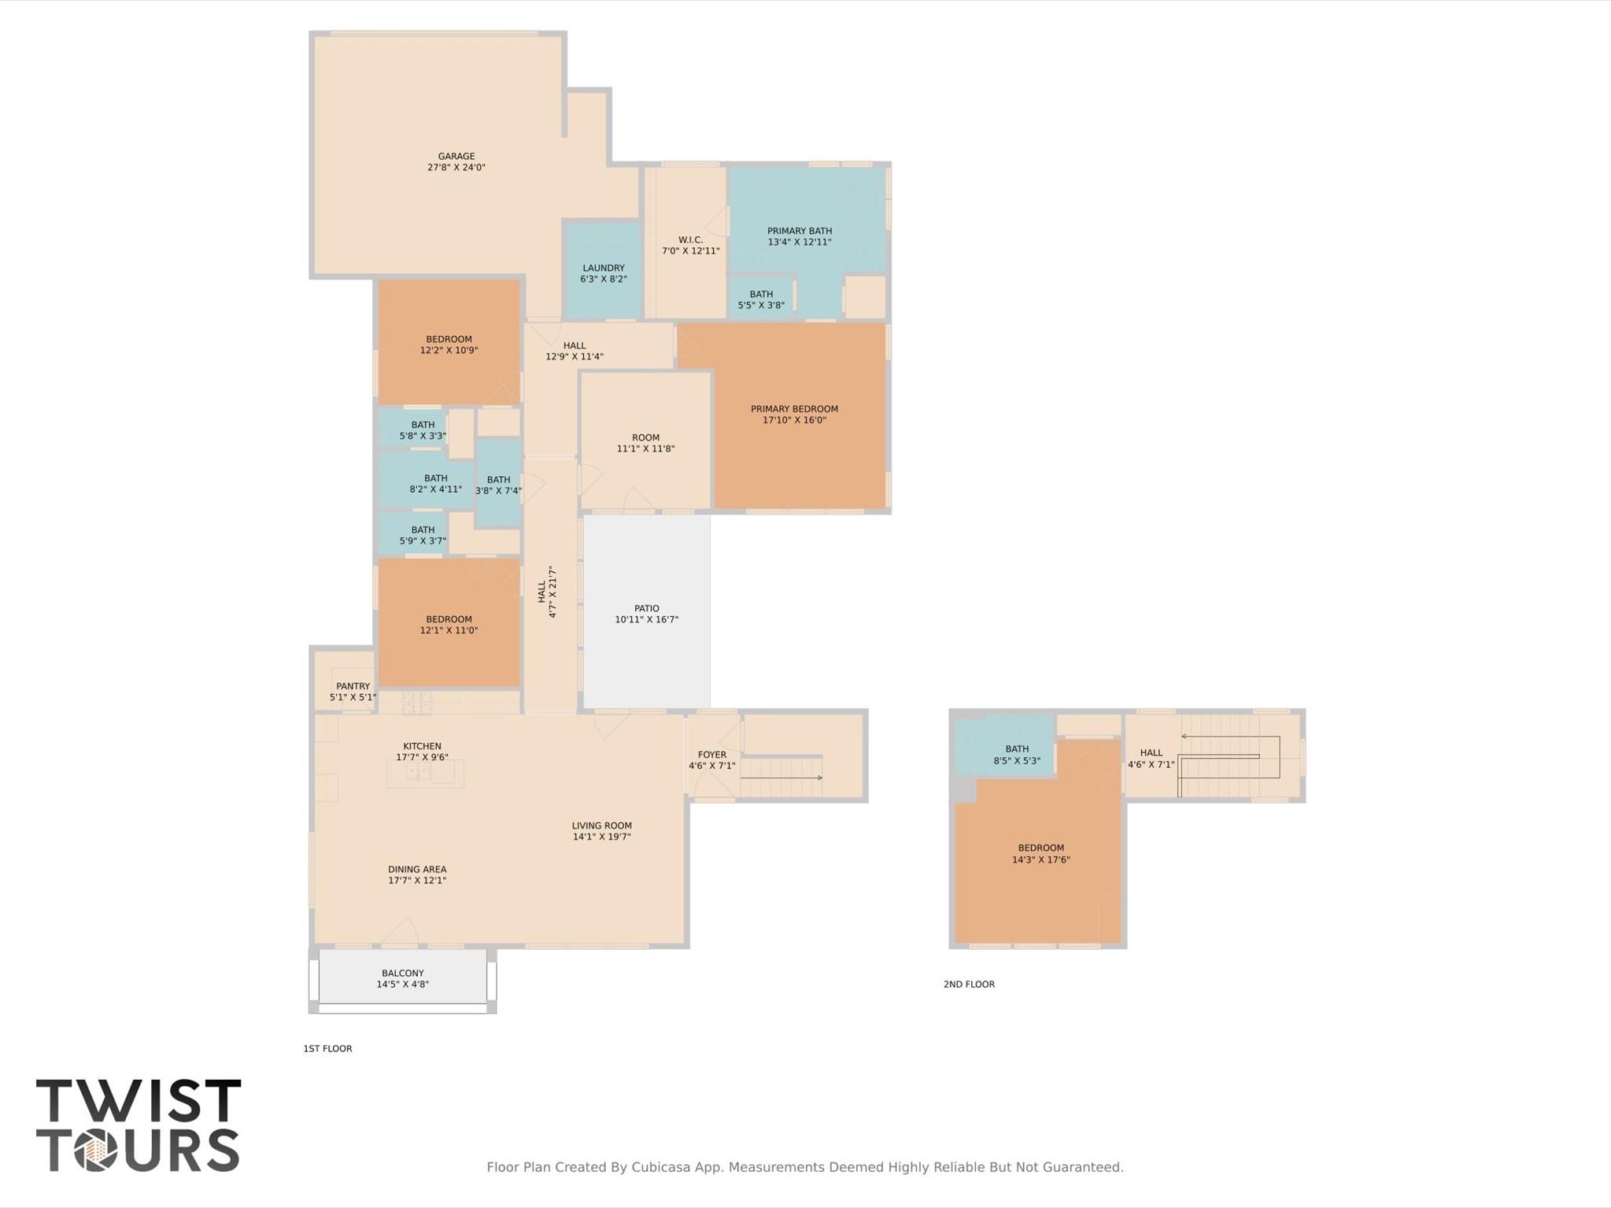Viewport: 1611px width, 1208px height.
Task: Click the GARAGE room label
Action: pyautogui.click(x=456, y=157)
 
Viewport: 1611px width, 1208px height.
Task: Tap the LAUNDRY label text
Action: pyautogui.click(x=603, y=268)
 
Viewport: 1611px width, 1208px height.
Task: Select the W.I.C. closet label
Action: pyautogui.click(x=690, y=240)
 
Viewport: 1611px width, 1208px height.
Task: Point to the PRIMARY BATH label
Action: pyautogui.click(x=799, y=231)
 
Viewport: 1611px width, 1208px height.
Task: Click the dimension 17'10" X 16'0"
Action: pyautogui.click(x=794, y=420)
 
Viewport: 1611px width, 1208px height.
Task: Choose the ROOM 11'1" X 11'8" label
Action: pyautogui.click(x=645, y=443)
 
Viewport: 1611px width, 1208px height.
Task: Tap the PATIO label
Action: pyautogui.click(x=646, y=608)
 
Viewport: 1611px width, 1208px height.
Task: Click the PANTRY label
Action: pyautogui.click(x=352, y=686)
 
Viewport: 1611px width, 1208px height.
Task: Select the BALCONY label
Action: pyautogui.click(x=402, y=973)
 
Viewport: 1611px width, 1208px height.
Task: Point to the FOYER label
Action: pyautogui.click(x=711, y=755)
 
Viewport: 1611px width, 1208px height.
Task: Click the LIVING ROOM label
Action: pyautogui.click(x=601, y=826)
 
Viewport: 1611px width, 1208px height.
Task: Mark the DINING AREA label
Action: pyautogui.click(x=416, y=870)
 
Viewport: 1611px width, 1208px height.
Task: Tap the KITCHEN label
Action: pyautogui.click(x=422, y=746)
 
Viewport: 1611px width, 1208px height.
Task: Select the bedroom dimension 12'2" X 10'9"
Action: pyautogui.click(x=449, y=351)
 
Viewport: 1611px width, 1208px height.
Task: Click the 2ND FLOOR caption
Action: pyautogui.click(x=969, y=985)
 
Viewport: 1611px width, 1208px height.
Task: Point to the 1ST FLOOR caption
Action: pyautogui.click(x=327, y=1049)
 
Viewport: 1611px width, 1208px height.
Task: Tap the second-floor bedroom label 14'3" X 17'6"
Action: pyautogui.click(x=1040, y=860)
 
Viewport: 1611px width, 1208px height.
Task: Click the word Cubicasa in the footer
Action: pyautogui.click(x=663, y=1167)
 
